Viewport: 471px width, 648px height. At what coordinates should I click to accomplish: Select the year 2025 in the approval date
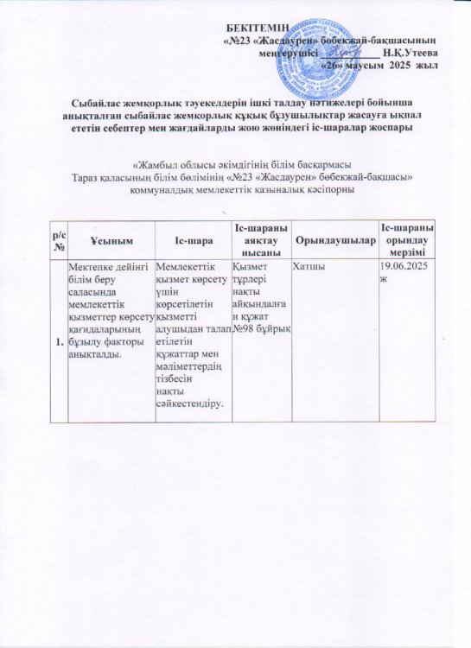tap(398, 65)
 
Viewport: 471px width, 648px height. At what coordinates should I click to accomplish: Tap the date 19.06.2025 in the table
tap(403, 266)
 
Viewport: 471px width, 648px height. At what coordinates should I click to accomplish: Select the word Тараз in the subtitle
tap(89, 177)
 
